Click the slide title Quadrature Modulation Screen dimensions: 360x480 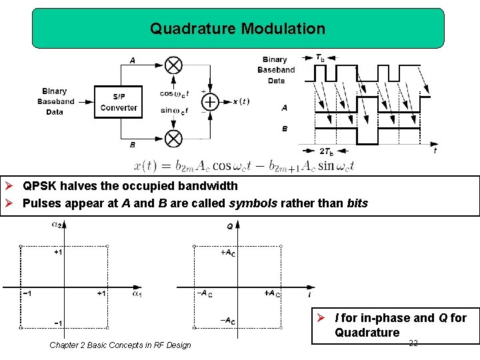coord(237,29)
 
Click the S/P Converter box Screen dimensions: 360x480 coord(119,101)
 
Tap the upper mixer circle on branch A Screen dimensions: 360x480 coord(173,65)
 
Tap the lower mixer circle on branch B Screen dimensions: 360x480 coord(173,138)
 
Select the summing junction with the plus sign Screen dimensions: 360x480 coord(210,101)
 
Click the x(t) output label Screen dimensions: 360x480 coord(241,101)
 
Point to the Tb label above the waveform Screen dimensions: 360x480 coord(320,58)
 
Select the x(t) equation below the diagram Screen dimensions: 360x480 coord(244,165)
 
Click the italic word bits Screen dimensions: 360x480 coord(357,203)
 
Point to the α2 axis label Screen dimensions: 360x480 coord(58,225)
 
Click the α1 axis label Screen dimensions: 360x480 coord(137,293)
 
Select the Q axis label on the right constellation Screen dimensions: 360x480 coord(230,227)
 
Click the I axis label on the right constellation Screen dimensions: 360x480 coord(309,294)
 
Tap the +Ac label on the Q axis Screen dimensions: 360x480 coord(227,253)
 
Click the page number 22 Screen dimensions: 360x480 coord(413,343)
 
